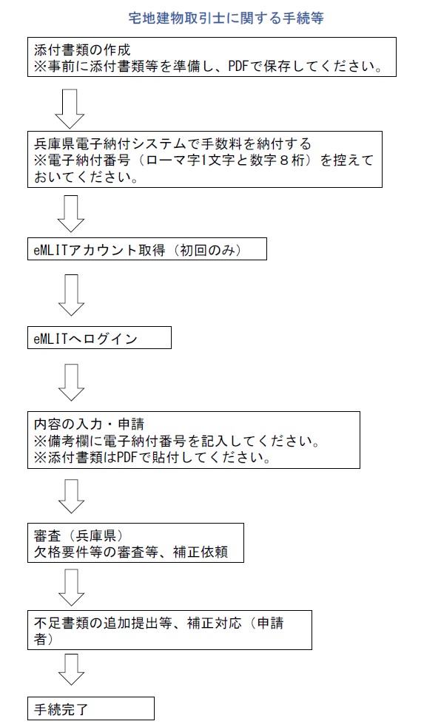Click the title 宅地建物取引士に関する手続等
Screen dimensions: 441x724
tap(226, 18)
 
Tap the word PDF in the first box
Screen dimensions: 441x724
tap(238, 66)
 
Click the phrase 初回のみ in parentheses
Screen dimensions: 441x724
tap(210, 250)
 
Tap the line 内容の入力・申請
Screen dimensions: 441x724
tap(89, 424)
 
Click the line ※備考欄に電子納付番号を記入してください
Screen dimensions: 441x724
tap(177, 441)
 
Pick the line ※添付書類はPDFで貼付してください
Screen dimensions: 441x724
tap(152, 458)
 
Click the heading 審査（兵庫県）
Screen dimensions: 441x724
tap(78, 535)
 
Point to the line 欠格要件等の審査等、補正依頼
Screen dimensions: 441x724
tap(131, 552)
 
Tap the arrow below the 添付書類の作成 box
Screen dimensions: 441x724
tap(70, 109)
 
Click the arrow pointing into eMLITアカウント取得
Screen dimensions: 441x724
tap(70, 214)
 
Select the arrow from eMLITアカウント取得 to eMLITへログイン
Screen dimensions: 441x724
tap(72, 295)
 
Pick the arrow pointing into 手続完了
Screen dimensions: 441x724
tap(72, 669)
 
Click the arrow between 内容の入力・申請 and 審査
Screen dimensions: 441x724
tap(72, 496)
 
